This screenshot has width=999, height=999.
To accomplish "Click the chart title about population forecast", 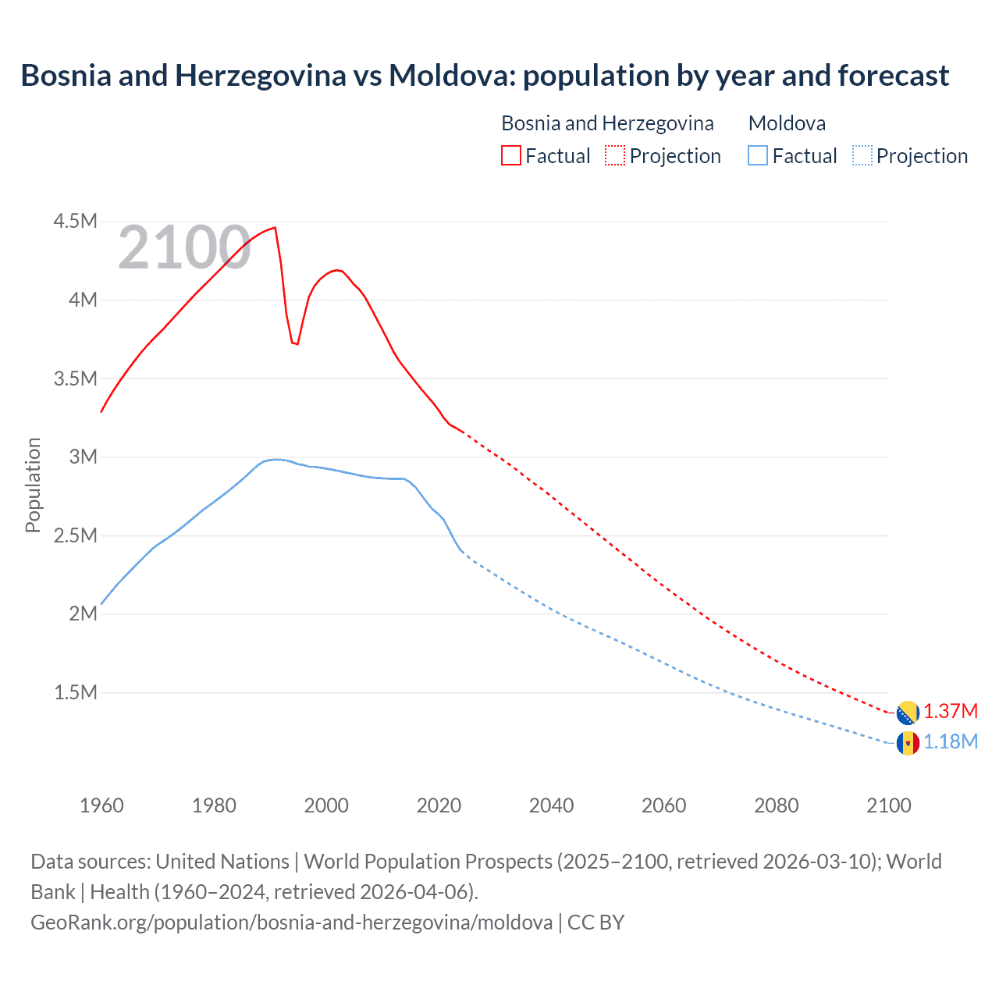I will coord(485,76).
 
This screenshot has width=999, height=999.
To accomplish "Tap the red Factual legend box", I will coord(510,155).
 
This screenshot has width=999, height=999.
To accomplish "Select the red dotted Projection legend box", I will coord(615,155).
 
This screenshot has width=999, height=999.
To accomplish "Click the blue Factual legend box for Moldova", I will coord(758,155).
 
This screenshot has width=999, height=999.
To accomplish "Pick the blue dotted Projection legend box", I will coord(862,155).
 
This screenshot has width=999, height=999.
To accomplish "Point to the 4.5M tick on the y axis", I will coord(75,222).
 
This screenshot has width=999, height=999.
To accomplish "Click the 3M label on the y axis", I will coord(83,457).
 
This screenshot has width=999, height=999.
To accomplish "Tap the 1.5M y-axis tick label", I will coord(75,692).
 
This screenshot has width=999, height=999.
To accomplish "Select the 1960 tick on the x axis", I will coord(101,805).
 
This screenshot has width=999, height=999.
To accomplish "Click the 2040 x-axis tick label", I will coord(551,805).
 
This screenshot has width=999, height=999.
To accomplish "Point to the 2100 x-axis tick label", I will coord(888,805).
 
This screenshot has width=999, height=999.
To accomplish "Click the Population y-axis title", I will coord(33,485).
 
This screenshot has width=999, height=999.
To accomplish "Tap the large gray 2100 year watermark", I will coord(184,248).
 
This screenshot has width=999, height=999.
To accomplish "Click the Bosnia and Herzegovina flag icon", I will coord(908,713).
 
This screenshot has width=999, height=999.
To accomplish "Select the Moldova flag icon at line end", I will coord(908,743).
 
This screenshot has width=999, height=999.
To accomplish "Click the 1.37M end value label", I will coord(951,712).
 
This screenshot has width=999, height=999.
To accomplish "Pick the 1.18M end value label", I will coord(951,742).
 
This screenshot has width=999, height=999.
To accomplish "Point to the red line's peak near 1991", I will coord(275,228).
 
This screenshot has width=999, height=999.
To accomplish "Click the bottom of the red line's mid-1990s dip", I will coord(297,344).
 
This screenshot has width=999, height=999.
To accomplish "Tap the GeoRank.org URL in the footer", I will coord(291,923).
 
